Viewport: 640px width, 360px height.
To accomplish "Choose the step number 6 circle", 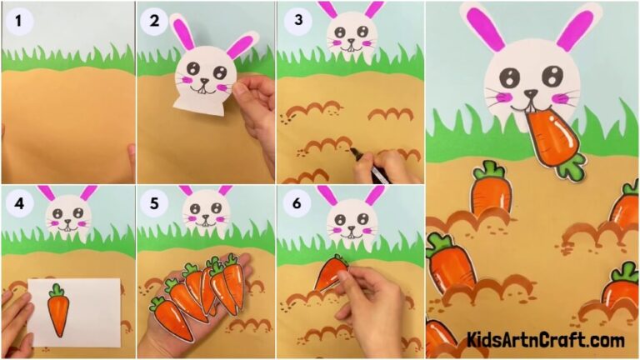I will click(294, 204).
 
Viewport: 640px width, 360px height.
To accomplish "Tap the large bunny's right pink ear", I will click(576, 28).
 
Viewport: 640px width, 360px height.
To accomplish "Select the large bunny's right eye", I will click(552, 76).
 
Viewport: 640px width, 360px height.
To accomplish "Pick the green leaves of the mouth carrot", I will click(571, 167).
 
